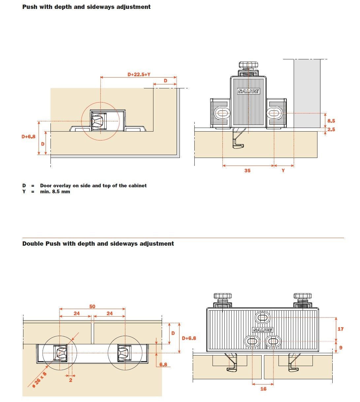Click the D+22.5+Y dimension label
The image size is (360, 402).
(139, 75)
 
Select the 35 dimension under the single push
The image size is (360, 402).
(247, 170)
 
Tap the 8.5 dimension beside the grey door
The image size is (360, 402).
(331, 121)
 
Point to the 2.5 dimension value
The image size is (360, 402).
(331, 130)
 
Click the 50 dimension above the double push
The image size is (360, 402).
(92, 306)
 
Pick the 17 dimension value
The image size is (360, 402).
(341, 329)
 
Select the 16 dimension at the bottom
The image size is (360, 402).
(263, 389)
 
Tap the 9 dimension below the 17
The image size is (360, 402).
(341, 348)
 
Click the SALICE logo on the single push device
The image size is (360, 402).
(248, 91)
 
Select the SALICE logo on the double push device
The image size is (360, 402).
(262, 330)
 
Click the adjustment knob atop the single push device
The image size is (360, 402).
(248, 65)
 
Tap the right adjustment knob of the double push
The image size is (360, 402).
(303, 296)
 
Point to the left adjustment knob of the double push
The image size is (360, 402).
(223, 296)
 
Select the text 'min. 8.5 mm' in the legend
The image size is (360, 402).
(55, 192)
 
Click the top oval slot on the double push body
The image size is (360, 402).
(263, 318)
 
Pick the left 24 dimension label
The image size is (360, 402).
(77, 313)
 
